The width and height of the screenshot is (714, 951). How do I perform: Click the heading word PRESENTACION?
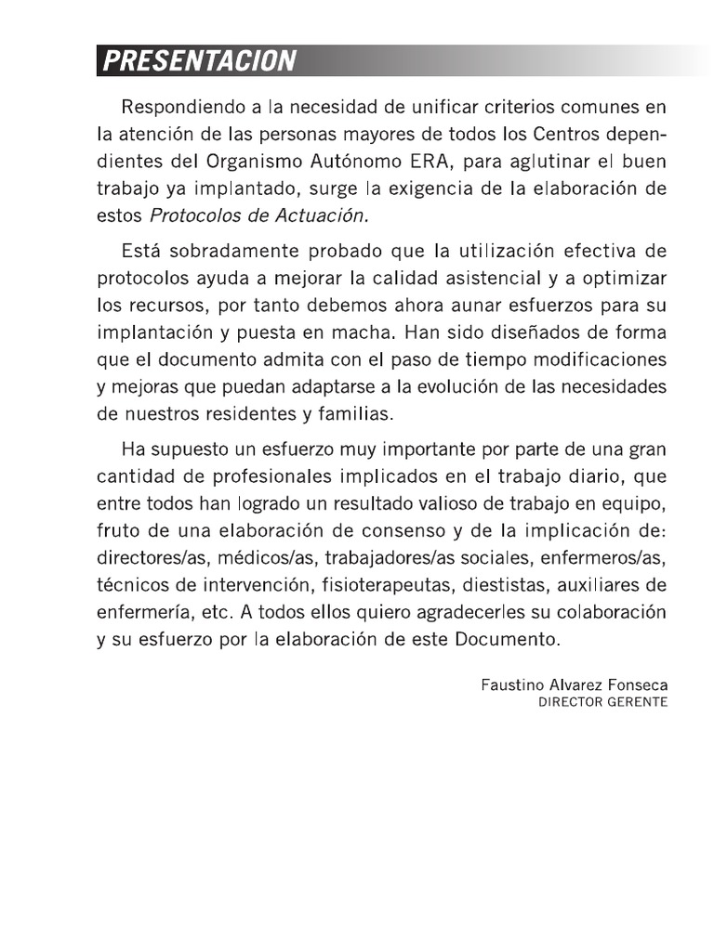[199, 61]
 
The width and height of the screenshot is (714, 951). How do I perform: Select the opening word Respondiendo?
[177, 110]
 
